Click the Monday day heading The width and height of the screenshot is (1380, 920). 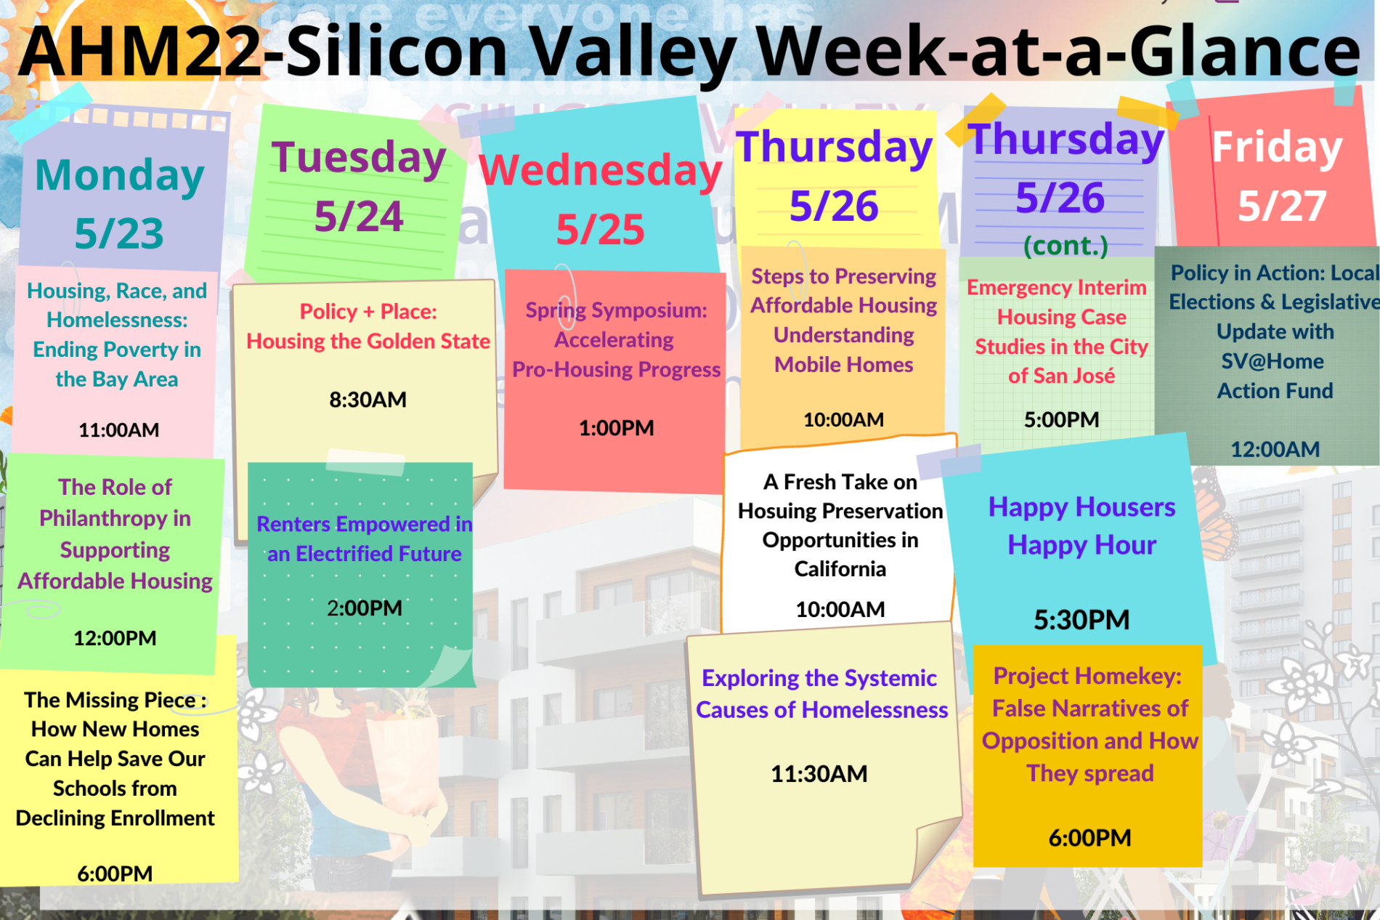tap(120, 176)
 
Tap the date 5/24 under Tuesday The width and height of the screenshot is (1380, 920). tap(358, 217)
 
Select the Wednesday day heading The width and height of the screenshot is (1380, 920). tap(600, 171)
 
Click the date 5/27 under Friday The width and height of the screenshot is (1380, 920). tap(1282, 206)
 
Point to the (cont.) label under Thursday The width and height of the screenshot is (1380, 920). tap(1066, 246)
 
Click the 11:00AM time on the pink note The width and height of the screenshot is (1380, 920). tap(118, 430)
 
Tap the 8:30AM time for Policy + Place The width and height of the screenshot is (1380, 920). tap(368, 400)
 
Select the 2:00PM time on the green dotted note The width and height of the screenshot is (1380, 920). tap(364, 608)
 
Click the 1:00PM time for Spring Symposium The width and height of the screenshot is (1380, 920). tap(616, 428)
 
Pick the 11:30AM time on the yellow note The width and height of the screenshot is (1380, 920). tap(819, 774)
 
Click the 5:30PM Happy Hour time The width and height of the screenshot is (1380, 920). tap(1081, 620)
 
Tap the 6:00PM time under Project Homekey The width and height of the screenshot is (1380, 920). tap(1089, 838)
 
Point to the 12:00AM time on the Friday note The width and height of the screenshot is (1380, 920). tap(1275, 450)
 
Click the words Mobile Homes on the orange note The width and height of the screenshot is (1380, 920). tap(843, 365)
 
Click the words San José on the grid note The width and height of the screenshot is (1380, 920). tap(1074, 376)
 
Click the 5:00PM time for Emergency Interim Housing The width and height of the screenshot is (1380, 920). tap(1061, 420)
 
